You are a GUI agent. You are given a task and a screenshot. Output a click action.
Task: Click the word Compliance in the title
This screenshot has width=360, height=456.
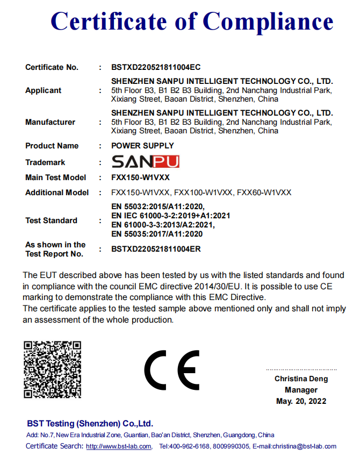268,22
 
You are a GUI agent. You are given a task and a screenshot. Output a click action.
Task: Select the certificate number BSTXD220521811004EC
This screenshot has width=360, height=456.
156,67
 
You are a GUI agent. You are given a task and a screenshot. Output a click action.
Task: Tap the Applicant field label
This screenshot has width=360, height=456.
43,90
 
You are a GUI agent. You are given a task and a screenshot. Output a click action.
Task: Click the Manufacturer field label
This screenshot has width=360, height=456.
50,122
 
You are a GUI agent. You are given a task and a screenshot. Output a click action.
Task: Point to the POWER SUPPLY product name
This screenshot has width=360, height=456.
142,146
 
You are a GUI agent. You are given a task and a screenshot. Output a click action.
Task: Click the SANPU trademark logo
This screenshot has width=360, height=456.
145,162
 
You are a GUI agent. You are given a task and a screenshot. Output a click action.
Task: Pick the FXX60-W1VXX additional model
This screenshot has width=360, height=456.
264,193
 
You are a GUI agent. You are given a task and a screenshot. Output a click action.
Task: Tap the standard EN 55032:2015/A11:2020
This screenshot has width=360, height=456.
158,206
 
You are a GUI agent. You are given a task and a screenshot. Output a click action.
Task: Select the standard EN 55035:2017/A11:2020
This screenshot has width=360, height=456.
157,234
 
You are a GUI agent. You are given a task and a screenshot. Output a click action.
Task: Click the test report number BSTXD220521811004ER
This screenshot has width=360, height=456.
156,249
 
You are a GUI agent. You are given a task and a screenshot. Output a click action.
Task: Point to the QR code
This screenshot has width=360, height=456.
52,369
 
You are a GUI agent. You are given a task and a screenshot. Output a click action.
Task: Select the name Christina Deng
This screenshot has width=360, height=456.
301,379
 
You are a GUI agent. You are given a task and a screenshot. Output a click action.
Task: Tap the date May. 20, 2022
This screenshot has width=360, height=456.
301,401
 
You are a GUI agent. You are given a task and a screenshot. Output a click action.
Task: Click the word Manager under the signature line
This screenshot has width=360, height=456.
301,390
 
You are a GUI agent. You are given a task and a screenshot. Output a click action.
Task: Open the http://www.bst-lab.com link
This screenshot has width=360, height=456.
119,446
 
